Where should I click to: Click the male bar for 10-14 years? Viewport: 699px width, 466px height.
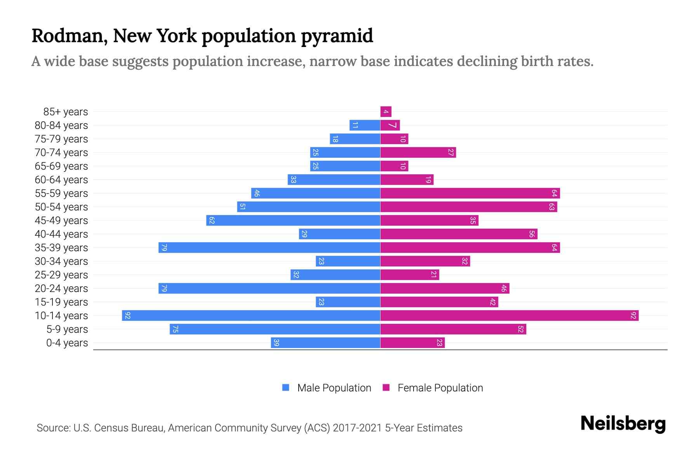click(x=251, y=315)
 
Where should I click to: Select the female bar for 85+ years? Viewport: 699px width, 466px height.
click(x=386, y=112)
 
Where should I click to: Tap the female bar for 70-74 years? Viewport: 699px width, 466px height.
click(x=418, y=153)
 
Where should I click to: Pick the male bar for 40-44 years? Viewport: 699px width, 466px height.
click(x=339, y=234)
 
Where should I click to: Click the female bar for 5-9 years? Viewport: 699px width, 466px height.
click(x=453, y=329)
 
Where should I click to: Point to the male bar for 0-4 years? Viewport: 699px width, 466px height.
click(x=325, y=343)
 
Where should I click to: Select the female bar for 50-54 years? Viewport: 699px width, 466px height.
click(x=468, y=207)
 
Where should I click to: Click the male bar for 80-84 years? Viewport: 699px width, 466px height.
click(x=365, y=125)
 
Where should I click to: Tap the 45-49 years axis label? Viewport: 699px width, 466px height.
click(x=61, y=221)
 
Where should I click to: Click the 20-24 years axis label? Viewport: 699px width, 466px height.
click(x=61, y=289)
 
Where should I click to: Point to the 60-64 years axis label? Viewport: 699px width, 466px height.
click(x=61, y=180)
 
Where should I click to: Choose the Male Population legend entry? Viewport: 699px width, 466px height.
click(x=334, y=388)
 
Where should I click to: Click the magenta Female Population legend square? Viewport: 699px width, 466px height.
click(x=386, y=388)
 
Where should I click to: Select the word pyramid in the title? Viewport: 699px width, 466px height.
click(x=337, y=36)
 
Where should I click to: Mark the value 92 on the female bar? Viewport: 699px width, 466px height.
click(x=633, y=315)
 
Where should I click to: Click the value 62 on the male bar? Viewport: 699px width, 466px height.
click(x=212, y=221)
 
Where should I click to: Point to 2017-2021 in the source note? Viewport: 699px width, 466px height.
click(x=357, y=428)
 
